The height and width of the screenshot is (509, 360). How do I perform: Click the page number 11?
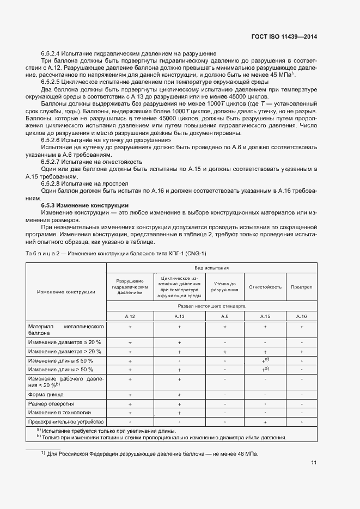(314, 463)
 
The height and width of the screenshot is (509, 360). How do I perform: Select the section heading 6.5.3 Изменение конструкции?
(85, 205)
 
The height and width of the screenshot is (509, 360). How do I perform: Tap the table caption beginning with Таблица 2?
(116, 254)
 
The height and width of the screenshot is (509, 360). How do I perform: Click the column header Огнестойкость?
(265, 287)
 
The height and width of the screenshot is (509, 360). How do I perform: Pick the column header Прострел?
(301, 287)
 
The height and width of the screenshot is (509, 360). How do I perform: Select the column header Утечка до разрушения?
(224, 287)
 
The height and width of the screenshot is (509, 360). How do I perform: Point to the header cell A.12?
(130, 316)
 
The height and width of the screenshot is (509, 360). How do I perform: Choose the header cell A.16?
(301, 316)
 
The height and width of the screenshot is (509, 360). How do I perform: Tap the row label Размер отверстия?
(52, 403)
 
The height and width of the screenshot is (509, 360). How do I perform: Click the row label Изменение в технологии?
(59, 413)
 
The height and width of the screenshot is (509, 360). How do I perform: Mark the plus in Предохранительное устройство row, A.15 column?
(265, 422)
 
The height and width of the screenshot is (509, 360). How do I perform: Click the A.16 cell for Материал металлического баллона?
(301, 327)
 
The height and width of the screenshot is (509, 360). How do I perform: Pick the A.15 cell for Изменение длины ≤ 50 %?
(265, 360)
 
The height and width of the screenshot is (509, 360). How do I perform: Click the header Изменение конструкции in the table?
(66, 292)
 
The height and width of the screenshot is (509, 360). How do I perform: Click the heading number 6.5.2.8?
(53, 184)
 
